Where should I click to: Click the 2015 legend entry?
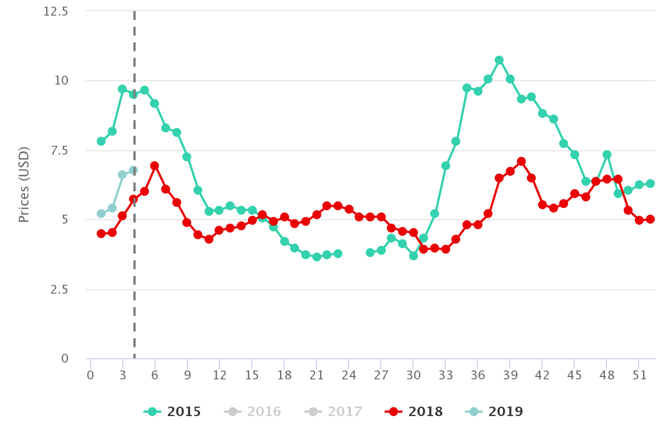point(172,412)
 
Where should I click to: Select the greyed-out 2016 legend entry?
point(253,412)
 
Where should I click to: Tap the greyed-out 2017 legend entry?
point(333,412)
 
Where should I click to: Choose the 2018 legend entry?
point(414,412)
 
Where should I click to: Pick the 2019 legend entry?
point(494,412)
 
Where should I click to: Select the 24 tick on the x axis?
point(349,375)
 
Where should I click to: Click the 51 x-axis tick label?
point(639,375)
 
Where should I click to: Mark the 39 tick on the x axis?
point(510,375)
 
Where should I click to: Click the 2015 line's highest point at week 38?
point(499,60)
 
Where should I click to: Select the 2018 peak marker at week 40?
point(521,161)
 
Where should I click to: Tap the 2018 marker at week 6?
point(155,166)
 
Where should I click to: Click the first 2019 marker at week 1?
point(101,214)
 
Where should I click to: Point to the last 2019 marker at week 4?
point(133,170)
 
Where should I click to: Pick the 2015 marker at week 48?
point(607,155)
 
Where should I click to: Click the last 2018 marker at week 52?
point(650,219)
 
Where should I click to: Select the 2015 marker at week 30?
point(413,256)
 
